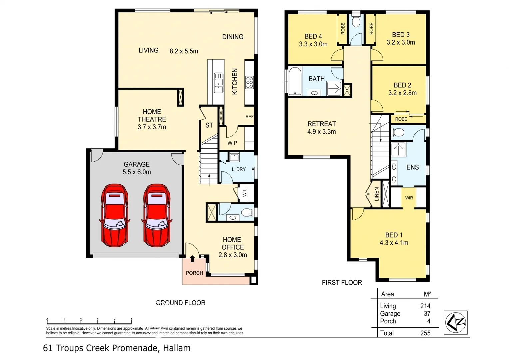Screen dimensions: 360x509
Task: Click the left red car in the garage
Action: tap(115, 215)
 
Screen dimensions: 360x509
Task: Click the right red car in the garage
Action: tap(157, 215)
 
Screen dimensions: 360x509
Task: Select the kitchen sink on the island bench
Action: tap(219, 82)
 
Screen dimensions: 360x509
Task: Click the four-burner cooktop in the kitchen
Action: tap(249, 82)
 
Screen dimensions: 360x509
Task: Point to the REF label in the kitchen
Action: tap(249, 117)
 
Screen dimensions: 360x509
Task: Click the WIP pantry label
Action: tap(232, 143)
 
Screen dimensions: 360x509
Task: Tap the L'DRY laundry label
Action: tap(239, 169)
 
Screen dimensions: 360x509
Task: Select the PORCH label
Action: tap(194, 273)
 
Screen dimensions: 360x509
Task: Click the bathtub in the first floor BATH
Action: tap(295, 81)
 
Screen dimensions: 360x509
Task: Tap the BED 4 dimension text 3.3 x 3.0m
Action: tap(313, 44)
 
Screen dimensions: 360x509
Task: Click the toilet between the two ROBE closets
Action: tap(356, 22)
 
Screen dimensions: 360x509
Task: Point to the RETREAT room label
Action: tap(322, 124)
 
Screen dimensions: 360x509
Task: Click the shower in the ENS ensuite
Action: tap(398, 149)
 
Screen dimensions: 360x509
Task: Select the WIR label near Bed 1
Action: tap(409, 198)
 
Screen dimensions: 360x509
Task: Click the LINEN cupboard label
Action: tap(377, 194)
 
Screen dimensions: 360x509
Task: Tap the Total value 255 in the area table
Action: tap(425, 333)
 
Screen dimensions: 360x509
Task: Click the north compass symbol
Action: tap(455, 322)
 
